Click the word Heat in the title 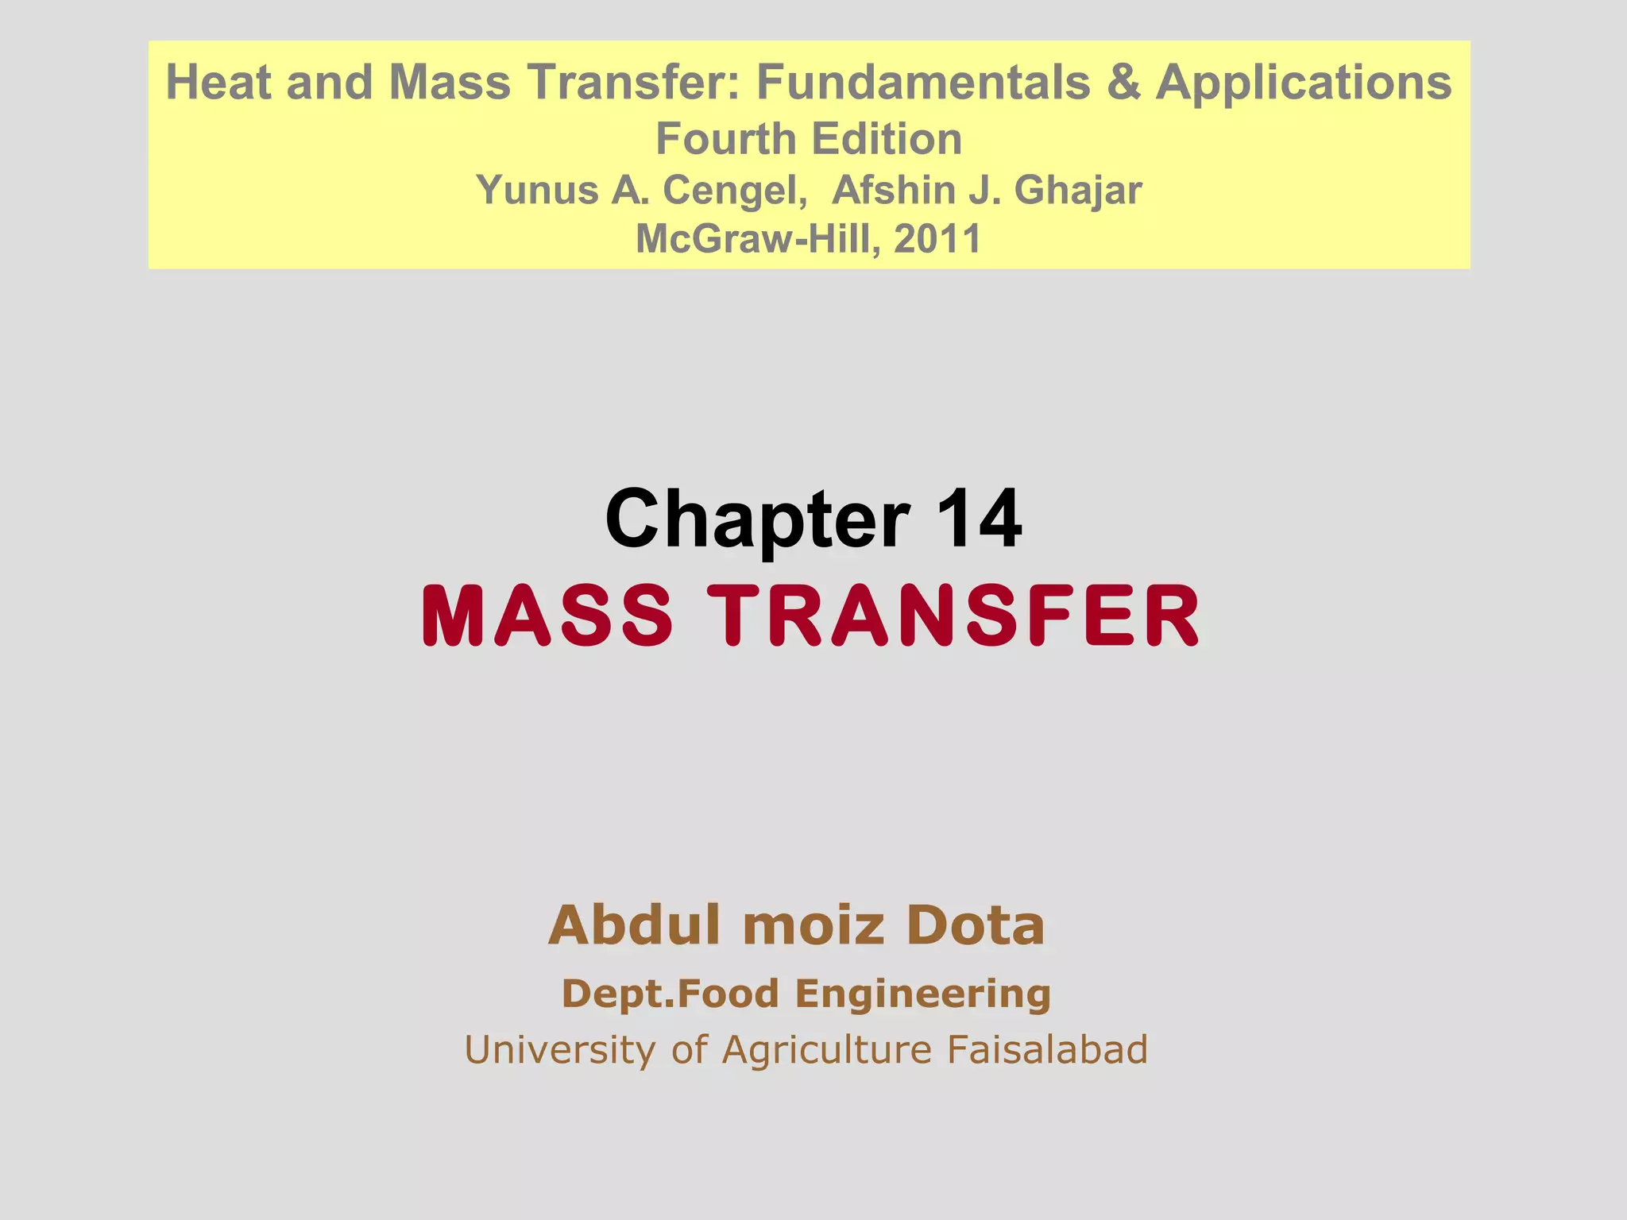(218, 82)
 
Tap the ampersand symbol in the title (1123, 82)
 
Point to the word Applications (1304, 83)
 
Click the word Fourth (725, 139)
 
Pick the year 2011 (937, 238)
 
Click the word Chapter (756, 520)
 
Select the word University (561, 1050)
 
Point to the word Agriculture (826, 1050)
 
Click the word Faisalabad (1047, 1050)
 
